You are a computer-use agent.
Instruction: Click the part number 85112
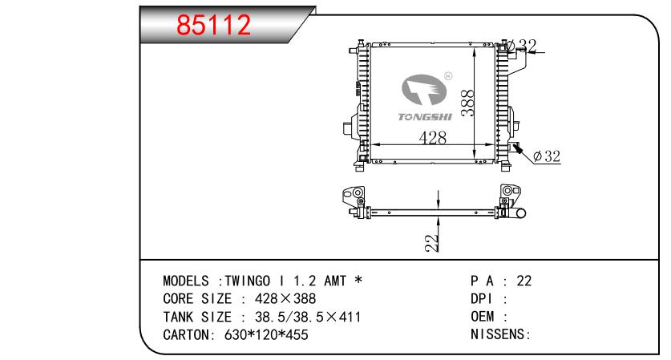pyautogui.click(x=214, y=26)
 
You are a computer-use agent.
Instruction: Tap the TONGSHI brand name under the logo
pyautogui.click(x=425, y=117)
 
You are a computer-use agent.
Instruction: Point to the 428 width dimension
pyautogui.click(x=432, y=138)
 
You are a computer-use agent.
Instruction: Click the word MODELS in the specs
pyautogui.click(x=188, y=281)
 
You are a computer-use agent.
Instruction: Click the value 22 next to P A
pyautogui.click(x=524, y=281)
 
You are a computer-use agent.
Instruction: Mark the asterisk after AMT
pyautogui.click(x=358, y=281)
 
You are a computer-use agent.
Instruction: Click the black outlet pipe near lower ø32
pyautogui.click(x=518, y=148)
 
